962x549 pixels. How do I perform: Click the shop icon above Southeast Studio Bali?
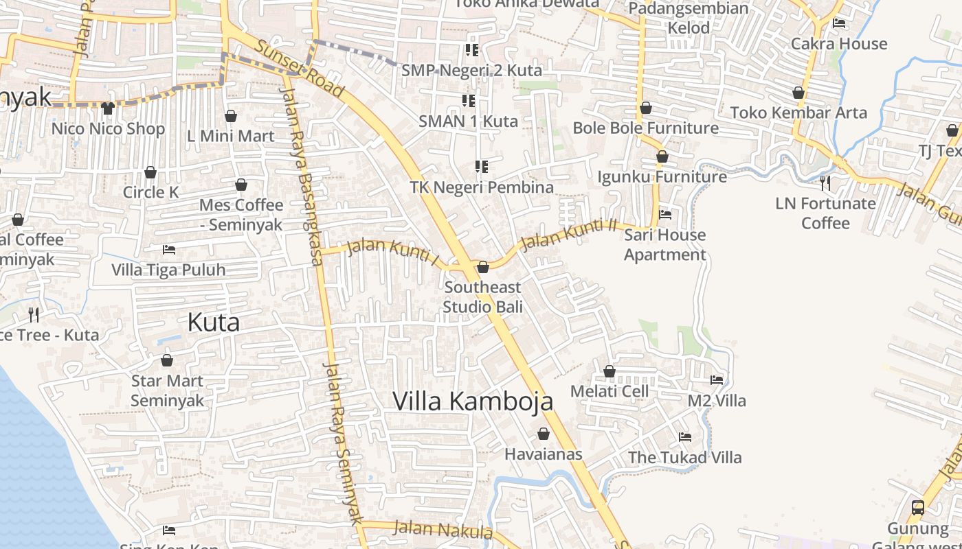point(483,267)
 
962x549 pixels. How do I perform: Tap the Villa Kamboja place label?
point(473,401)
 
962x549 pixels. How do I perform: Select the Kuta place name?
point(214,322)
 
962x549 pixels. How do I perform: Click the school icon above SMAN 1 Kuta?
point(469,102)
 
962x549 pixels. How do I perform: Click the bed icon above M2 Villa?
point(717,379)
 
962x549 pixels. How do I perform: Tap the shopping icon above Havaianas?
point(544,434)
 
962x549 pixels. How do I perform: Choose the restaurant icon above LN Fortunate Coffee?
point(825,183)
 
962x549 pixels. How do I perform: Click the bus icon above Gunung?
point(917,508)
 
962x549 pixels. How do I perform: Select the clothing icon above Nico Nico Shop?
point(108,108)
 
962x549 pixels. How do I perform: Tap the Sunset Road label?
point(300,68)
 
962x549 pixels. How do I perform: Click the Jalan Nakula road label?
point(443,530)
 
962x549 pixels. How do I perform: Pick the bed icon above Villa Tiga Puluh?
point(168,249)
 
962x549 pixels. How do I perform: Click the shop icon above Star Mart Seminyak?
point(167,360)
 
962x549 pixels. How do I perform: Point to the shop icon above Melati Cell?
point(609,371)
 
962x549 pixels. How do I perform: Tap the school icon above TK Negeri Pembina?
point(482,167)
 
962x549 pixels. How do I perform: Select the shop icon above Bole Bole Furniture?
point(646,108)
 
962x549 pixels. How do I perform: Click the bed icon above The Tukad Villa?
point(685,436)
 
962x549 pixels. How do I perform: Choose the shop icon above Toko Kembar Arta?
point(798,92)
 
